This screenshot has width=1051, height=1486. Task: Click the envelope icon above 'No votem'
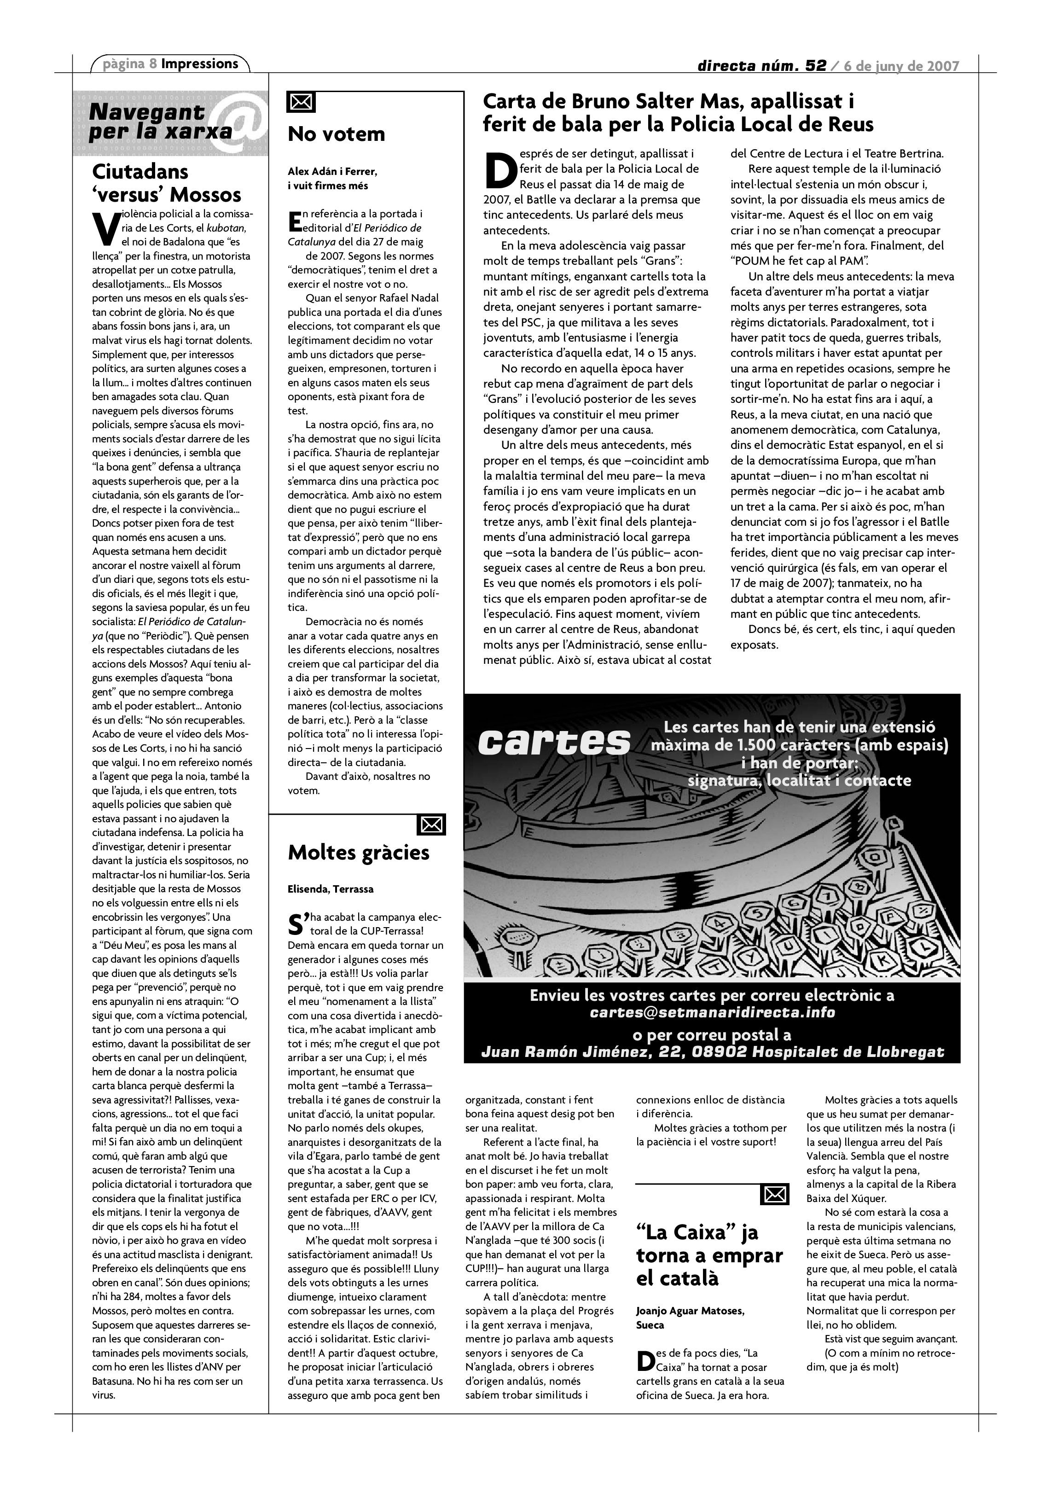[x=301, y=102]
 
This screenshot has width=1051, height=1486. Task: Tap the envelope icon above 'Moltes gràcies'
[x=432, y=824]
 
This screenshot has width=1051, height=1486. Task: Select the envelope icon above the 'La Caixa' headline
[x=775, y=1194]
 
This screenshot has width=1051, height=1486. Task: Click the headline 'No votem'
[x=336, y=134]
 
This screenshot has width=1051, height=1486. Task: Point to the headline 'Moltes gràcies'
[x=359, y=853]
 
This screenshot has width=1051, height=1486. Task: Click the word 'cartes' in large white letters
[x=554, y=741]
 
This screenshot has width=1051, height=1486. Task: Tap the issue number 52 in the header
[x=815, y=66]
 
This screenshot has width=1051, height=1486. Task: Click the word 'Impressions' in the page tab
[x=199, y=64]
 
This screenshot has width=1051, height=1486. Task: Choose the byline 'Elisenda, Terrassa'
[x=331, y=889]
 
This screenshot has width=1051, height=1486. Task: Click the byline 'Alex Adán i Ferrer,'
[x=332, y=172]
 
